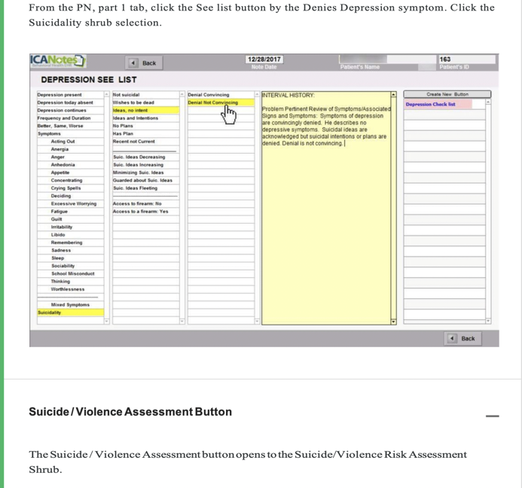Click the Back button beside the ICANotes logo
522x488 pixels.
[x=143, y=63]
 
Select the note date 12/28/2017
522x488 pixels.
[x=264, y=59]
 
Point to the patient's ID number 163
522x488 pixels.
[x=444, y=59]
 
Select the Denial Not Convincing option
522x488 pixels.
[x=212, y=102]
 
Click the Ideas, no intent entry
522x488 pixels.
[x=130, y=111]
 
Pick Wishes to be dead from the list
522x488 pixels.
[x=133, y=102]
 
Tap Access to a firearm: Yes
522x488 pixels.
[x=141, y=212]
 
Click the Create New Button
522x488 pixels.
[x=447, y=95]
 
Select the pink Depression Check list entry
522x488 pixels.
[x=430, y=105]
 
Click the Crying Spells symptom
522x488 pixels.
[x=66, y=188]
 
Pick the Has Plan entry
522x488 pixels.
[x=123, y=133]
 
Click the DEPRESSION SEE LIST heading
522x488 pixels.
[x=89, y=80]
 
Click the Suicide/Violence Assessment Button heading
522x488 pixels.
[x=130, y=412]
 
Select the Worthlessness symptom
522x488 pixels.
[x=68, y=289]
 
